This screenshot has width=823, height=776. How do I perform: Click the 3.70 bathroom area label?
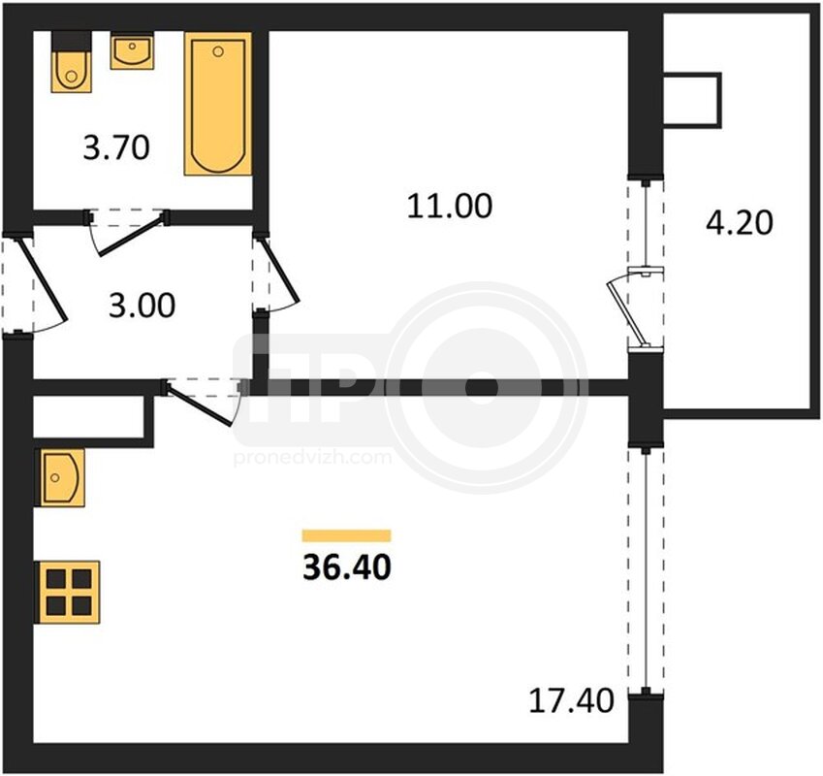pyautogui.click(x=116, y=147)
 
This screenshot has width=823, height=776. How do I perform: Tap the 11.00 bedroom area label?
pyautogui.click(x=450, y=206)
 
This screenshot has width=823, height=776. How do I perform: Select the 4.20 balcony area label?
pyautogui.click(x=739, y=222)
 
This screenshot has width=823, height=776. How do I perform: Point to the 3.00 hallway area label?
pyautogui.click(x=142, y=306)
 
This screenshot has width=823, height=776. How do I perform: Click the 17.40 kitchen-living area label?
pyautogui.click(x=571, y=700)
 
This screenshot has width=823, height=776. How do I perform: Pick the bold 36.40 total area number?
pyautogui.click(x=347, y=567)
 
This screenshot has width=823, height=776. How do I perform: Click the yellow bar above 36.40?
pyautogui.click(x=346, y=535)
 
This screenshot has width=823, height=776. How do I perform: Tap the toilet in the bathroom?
pyautogui.click(x=72, y=62)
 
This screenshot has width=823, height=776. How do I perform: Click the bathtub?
pyautogui.click(x=218, y=104)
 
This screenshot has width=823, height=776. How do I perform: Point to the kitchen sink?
pyautogui.click(x=59, y=477)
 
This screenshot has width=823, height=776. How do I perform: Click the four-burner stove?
pyautogui.click(x=67, y=593)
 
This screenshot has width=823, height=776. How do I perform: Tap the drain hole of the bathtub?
pyautogui.click(x=218, y=51)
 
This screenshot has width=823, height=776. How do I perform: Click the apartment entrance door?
pyautogui.click(x=38, y=283)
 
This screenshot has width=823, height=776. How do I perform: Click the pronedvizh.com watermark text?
pyautogui.click(x=312, y=458)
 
